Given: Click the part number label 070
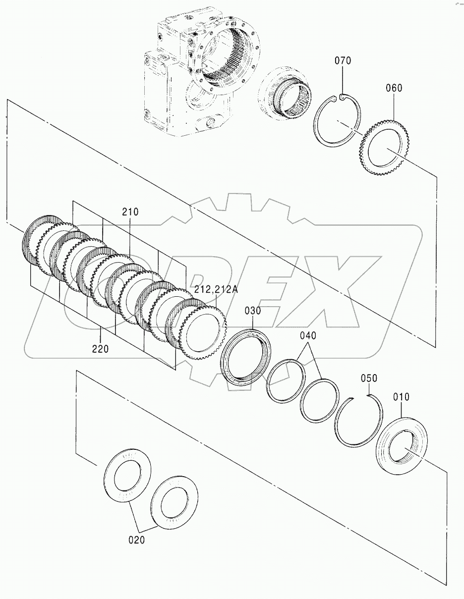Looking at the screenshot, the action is [x=343, y=60].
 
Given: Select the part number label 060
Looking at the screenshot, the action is [x=394, y=88].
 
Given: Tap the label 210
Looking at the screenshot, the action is [x=130, y=212].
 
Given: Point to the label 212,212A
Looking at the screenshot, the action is [x=216, y=289].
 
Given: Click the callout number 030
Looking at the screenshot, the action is [x=252, y=311].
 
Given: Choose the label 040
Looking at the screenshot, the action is [x=308, y=336].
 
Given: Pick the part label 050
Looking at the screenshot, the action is [x=369, y=378].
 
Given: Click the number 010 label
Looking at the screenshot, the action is [x=401, y=397].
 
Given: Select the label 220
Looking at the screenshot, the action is [x=100, y=349].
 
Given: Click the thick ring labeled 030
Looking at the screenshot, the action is [x=245, y=356].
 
